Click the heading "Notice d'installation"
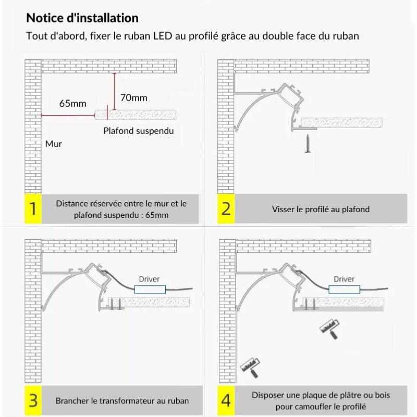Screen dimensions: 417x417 click(x=82, y=18)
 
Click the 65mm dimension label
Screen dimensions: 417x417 click(x=72, y=103)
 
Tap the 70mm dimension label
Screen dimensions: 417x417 click(x=133, y=97)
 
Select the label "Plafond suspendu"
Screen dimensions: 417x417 click(x=139, y=131)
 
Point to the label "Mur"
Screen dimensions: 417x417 click(x=53, y=143)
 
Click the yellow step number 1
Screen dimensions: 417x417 click(x=33, y=209)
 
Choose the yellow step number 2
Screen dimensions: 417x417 click(x=226, y=209)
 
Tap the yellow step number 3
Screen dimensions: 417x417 click(x=33, y=401)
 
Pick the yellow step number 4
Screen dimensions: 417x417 click(x=226, y=401)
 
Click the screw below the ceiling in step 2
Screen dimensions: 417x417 click(x=308, y=143)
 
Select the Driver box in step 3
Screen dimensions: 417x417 click(x=150, y=289)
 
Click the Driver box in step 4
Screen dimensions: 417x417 click(x=344, y=289)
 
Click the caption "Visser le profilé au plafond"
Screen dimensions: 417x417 click(x=321, y=209)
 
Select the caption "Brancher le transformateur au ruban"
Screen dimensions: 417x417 click(x=122, y=401)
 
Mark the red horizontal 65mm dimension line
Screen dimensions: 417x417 click(x=68, y=114)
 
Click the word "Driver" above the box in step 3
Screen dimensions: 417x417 click(x=149, y=279)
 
